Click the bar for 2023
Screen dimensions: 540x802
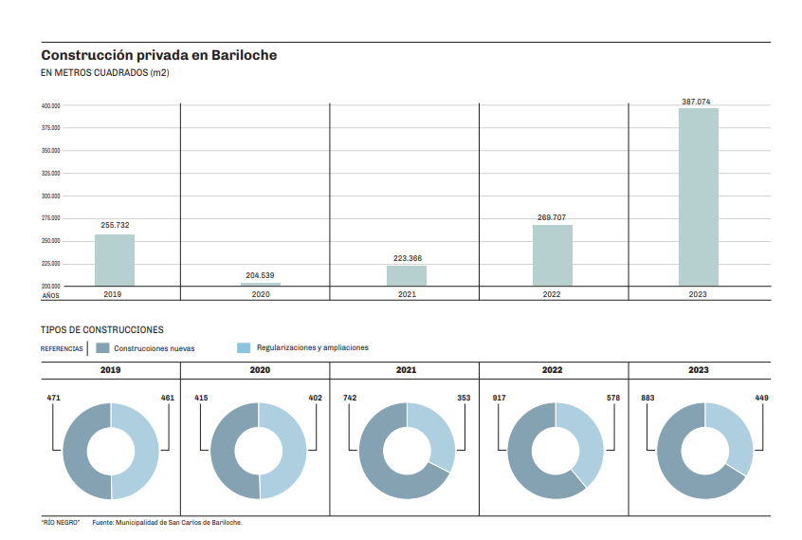pyautogui.click(x=698, y=196)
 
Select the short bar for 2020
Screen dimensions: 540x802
pyautogui.click(x=261, y=284)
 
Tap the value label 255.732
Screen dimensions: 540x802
pyautogui.click(x=115, y=226)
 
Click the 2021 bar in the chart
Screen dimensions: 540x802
pyautogui.click(x=406, y=275)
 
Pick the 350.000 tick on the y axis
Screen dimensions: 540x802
pyautogui.click(x=51, y=150)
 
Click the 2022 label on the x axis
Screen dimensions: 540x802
pyautogui.click(x=552, y=295)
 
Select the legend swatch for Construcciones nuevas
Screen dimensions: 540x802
pyautogui.click(x=103, y=348)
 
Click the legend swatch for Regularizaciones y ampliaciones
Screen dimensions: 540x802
pyautogui.click(x=243, y=348)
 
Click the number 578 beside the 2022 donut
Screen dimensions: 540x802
pyautogui.click(x=611, y=398)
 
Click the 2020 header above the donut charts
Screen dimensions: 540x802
pyautogui.click(x=260, y=370)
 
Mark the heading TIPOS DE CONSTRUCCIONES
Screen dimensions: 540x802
pyautogui.click(x=102, y=330)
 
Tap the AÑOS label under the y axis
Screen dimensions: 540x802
pyautogui.click(x=50, y=296)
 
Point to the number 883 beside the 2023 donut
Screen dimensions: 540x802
pyautogui.click(x=647, y=398)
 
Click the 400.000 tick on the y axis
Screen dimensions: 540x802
pyautogui.click(x=51, y=105)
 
